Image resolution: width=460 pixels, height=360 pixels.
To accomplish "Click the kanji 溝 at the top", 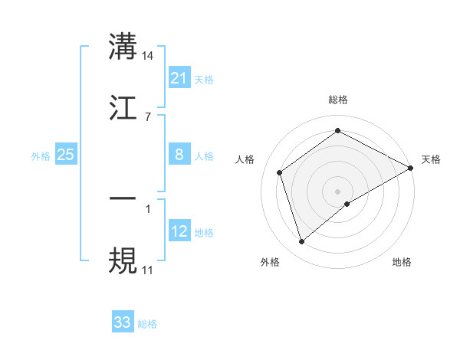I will coord(123,46).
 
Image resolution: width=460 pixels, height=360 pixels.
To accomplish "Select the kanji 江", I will coord(123,109).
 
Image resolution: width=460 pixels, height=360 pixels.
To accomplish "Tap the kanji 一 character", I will coord(123,198).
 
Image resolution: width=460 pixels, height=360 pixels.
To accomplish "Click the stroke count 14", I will coord(148,55).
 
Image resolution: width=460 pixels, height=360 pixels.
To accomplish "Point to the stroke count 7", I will coord(148,117).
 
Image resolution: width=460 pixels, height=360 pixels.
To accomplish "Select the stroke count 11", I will coord(148,270).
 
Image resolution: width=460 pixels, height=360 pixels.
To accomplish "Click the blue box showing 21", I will coord(179,78).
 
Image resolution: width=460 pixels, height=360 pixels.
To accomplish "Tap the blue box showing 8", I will coord(179,155).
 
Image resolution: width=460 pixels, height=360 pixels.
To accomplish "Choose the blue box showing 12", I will coord(179,231).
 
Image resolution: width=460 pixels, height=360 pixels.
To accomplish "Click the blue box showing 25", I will coord(66,155).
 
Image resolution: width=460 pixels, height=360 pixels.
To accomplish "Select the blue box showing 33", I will coord(123,322).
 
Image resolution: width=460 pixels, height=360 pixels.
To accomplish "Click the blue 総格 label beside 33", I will coord(147,324).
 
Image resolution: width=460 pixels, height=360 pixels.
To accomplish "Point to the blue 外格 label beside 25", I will coord(41,156).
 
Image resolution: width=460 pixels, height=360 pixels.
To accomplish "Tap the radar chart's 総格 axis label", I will coord(338,100).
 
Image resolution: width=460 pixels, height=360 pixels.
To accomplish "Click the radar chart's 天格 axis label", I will coord(431,159).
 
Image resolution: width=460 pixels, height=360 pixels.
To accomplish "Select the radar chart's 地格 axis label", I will coord(402,262).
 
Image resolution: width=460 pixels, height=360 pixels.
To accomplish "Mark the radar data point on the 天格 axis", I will coord(411,167).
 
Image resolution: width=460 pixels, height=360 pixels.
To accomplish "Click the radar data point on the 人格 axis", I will coord(280,172).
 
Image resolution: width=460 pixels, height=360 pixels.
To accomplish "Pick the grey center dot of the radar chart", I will coord(338,191).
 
